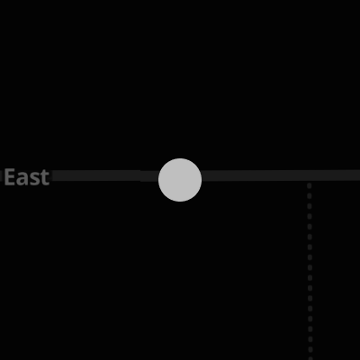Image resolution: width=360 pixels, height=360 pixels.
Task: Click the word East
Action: pos(27,177)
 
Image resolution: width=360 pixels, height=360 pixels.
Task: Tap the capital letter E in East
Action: pos(9,177)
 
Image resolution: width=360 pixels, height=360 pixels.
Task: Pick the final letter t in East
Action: pos(44,178)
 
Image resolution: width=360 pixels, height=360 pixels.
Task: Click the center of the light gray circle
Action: pos(180,180)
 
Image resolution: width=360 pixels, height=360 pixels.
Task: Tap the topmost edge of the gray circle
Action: pos(180,158)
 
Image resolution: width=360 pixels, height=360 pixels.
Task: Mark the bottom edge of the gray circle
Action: pos(180,202)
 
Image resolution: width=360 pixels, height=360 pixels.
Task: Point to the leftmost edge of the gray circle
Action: pos(158,180)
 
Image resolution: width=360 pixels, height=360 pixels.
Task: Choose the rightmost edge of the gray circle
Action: pos(202,180)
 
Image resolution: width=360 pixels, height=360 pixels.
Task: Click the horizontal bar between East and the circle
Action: pos(105,175)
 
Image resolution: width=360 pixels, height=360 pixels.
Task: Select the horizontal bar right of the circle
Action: pos(281,175)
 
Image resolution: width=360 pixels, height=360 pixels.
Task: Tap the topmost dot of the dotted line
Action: pos(310,185)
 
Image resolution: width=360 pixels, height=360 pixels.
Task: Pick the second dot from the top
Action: pos(310,196)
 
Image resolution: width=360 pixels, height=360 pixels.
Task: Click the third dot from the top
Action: pos(310,206)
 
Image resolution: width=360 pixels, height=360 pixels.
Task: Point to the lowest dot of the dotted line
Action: pos(310,358)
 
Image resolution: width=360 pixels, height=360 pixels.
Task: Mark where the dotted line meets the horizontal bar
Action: pos(310,181)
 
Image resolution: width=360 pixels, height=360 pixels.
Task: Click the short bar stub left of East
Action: pos(1,175)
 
